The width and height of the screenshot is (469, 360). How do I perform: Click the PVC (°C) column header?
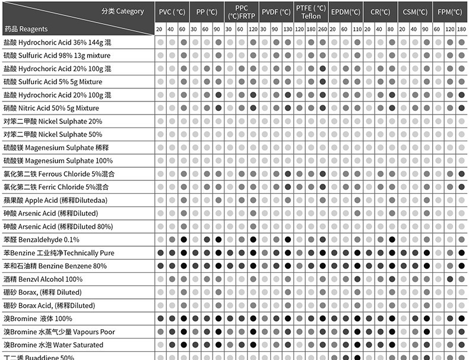[x=171, y=12]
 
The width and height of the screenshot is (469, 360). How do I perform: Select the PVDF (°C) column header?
[x=276, y=12]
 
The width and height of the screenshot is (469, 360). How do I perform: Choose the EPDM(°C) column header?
[x=346, y=12]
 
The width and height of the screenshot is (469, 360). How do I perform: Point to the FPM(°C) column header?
[x=450, y=12]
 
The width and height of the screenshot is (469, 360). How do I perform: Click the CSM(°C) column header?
[x=415, y=12]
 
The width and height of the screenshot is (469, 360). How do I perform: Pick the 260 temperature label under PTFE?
[x=322, y=28]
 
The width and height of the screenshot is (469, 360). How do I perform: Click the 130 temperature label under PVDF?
[x=287, y=28]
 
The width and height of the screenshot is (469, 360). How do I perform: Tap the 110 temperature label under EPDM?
[x=357, y=28]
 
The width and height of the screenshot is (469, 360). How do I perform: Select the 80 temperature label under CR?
[x=392, y=28]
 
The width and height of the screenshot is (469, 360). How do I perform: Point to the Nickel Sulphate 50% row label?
[x=53, y=135]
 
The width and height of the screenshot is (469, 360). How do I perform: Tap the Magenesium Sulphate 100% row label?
[x=58, y=161]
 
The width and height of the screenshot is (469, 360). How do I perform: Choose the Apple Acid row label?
[x=55, y=200]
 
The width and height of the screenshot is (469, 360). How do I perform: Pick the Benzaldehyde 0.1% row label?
[x=42, y=240]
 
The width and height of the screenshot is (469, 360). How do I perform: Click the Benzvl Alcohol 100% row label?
[x=43, y=279]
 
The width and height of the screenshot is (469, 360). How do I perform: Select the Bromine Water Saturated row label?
[x=53, y=345]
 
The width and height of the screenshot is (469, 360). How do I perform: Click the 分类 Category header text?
[x=122, y=11]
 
